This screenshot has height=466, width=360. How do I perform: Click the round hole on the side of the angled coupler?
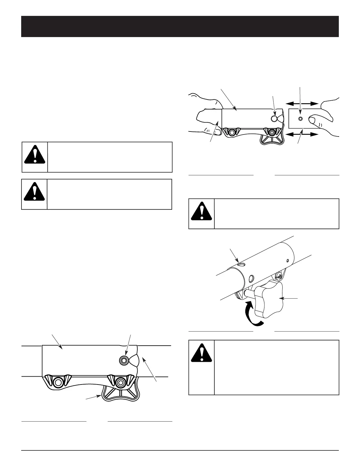coord(252,278)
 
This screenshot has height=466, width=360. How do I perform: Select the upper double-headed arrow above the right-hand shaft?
coord(302,104)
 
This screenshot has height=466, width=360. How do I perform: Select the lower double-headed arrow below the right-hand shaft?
coord(302,134)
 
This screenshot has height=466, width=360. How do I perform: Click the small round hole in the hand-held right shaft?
coord(300,119)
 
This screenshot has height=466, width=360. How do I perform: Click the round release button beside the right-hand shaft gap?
coord(274,119)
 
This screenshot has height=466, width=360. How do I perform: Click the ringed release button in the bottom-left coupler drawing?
coord(124,360)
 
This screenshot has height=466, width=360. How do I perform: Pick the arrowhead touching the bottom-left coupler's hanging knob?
coord(100,396)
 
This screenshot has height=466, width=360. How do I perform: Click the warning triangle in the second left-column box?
coord(34,192)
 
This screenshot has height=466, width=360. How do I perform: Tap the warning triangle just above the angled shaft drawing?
coord(201,212)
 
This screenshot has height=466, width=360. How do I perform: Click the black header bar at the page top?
coord(180,26)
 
